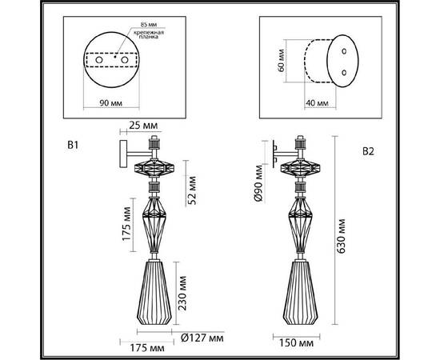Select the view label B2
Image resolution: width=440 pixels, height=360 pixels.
coord(369,151)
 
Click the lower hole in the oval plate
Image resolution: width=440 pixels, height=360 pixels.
coord(343,72)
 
